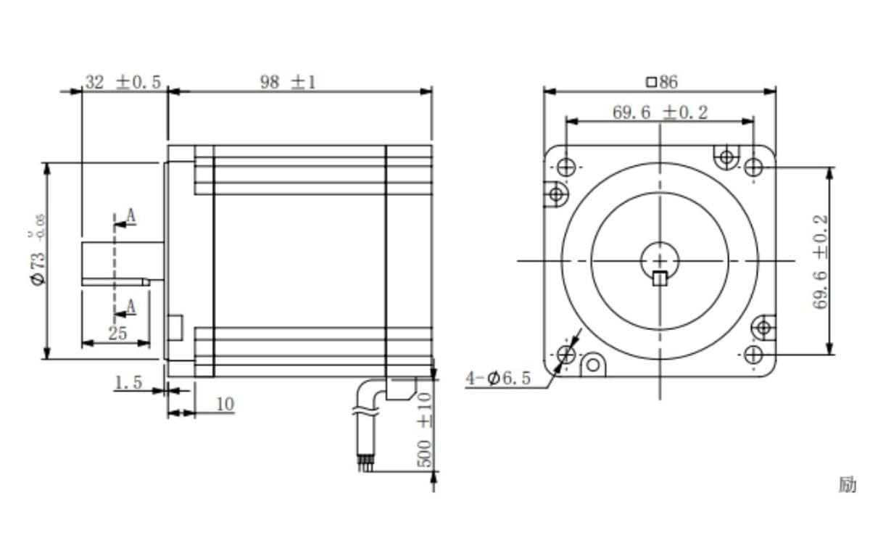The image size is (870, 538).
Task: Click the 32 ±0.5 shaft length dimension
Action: (123, 82)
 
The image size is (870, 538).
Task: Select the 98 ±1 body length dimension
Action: (288, 82)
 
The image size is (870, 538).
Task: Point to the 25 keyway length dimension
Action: (117, 334)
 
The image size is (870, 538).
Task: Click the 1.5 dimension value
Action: (128, 382)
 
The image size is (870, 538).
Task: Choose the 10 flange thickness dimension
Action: (225, 404)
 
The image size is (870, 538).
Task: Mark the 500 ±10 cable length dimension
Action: (425, 430)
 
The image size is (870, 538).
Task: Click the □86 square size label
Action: (660, 82)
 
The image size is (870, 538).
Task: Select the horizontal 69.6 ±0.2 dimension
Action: (660, 112)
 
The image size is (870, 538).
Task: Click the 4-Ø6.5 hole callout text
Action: (498, 378)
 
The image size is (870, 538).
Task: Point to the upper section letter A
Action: (130, 215)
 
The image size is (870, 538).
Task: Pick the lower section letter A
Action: (130, 307)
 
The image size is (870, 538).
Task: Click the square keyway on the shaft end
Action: (659, 278)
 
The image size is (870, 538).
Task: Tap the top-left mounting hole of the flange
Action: (565, 166)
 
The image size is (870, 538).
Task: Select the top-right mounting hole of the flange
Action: (753, 167)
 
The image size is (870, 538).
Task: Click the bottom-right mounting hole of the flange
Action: (753, 355)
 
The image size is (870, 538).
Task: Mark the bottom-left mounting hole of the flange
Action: (566, 355)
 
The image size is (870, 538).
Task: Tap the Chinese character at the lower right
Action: (847, 484)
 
